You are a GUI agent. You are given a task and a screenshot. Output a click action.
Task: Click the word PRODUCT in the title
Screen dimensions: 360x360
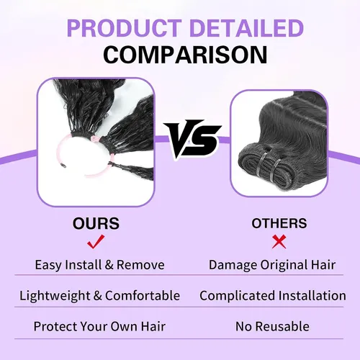point(125,28)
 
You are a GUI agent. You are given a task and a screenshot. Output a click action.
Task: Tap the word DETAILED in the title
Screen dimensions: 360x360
point(246,28)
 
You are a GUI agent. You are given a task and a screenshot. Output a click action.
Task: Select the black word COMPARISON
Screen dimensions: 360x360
point(185,55)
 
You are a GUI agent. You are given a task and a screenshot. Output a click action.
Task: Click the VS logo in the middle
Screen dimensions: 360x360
point(192,139)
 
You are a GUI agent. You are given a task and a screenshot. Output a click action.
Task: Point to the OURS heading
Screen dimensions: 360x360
point(96,223)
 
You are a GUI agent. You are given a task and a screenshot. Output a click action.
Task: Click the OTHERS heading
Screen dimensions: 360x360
point(279,223)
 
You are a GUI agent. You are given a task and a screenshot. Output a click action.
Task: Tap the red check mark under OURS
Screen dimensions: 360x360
point(96,242)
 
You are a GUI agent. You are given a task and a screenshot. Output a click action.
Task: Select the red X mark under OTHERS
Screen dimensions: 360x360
point(279,242)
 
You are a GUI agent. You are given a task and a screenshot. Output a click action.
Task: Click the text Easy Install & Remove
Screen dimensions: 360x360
point(100,265)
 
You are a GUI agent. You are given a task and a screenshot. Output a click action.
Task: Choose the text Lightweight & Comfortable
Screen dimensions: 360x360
point(100,295)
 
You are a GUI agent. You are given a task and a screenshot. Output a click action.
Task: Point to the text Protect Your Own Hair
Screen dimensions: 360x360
point(99,326)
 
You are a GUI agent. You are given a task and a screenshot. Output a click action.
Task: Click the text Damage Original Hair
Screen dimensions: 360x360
point(272,265)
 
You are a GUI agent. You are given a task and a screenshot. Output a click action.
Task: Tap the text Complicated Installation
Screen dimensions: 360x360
point(273,295)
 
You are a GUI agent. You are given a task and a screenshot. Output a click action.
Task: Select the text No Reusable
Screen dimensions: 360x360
point(272,326)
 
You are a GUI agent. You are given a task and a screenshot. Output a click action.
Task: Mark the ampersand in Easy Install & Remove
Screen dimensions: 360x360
point(109,265)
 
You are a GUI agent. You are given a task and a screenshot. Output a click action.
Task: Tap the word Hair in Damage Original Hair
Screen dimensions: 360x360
point(323,265)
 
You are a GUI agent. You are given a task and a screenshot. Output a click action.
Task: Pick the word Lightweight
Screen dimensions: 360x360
point(55,296)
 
